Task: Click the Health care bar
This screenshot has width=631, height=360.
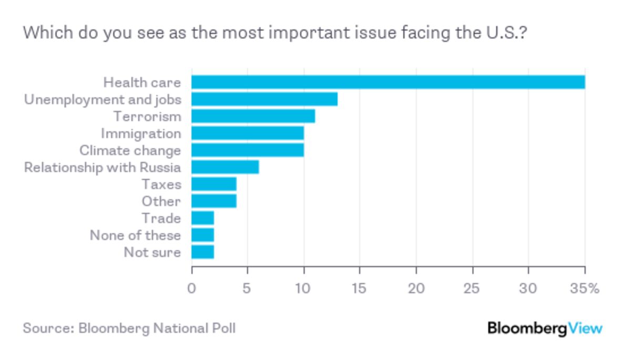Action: (388, 83)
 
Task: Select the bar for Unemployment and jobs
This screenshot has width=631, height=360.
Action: (264, 99)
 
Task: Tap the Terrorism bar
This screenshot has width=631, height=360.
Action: (253, 116)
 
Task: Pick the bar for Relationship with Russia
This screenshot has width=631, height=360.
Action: (225, 167)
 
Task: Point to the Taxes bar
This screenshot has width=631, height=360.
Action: (213, 184)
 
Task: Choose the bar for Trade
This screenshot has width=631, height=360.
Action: (202, 218)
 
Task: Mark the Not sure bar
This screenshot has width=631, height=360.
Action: (202, 252)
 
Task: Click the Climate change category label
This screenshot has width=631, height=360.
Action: (130, 151)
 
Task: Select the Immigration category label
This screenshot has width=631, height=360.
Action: (140, 133)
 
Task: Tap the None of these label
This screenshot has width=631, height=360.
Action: (135, 235)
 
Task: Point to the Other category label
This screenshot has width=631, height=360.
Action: (161, 201)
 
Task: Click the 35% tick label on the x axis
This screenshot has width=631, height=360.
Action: (586, 289)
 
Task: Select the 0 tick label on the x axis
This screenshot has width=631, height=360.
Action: (192, 289)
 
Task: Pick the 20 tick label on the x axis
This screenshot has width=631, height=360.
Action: (416, 289)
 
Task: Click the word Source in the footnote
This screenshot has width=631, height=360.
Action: (46, 328)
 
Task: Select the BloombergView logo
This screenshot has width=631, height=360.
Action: (545, 328)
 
